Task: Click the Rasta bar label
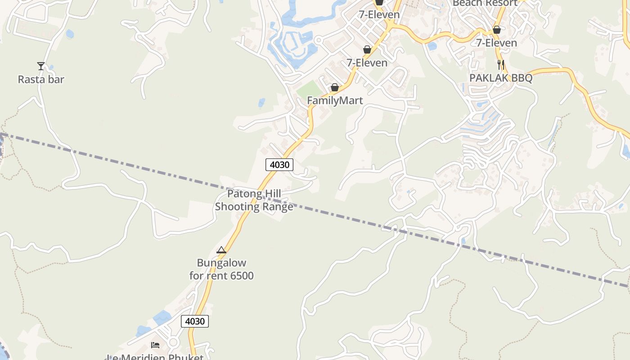coord(41,80)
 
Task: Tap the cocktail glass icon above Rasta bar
coord(41,66)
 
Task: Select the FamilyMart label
coord(335,100)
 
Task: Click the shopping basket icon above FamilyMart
coord(335,87)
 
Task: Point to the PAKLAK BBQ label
coord(501,78)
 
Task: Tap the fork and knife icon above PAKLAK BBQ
coord(501,64)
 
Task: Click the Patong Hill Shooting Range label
coord(254,200)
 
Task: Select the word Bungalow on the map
coord(221,263)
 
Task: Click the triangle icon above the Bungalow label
coord(221,250)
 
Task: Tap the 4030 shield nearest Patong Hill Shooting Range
coord(279,165)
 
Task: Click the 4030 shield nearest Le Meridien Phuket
coord(195,321)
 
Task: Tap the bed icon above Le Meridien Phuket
coord(155,345)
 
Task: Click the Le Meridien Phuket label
coord(155,357)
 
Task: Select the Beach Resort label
coord(485,4)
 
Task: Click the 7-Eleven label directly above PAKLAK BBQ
coord(497,43)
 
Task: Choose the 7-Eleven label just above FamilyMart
coord(367,63)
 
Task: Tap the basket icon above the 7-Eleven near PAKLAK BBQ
coord(497,30)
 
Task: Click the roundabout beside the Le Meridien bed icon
coord(173,343)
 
